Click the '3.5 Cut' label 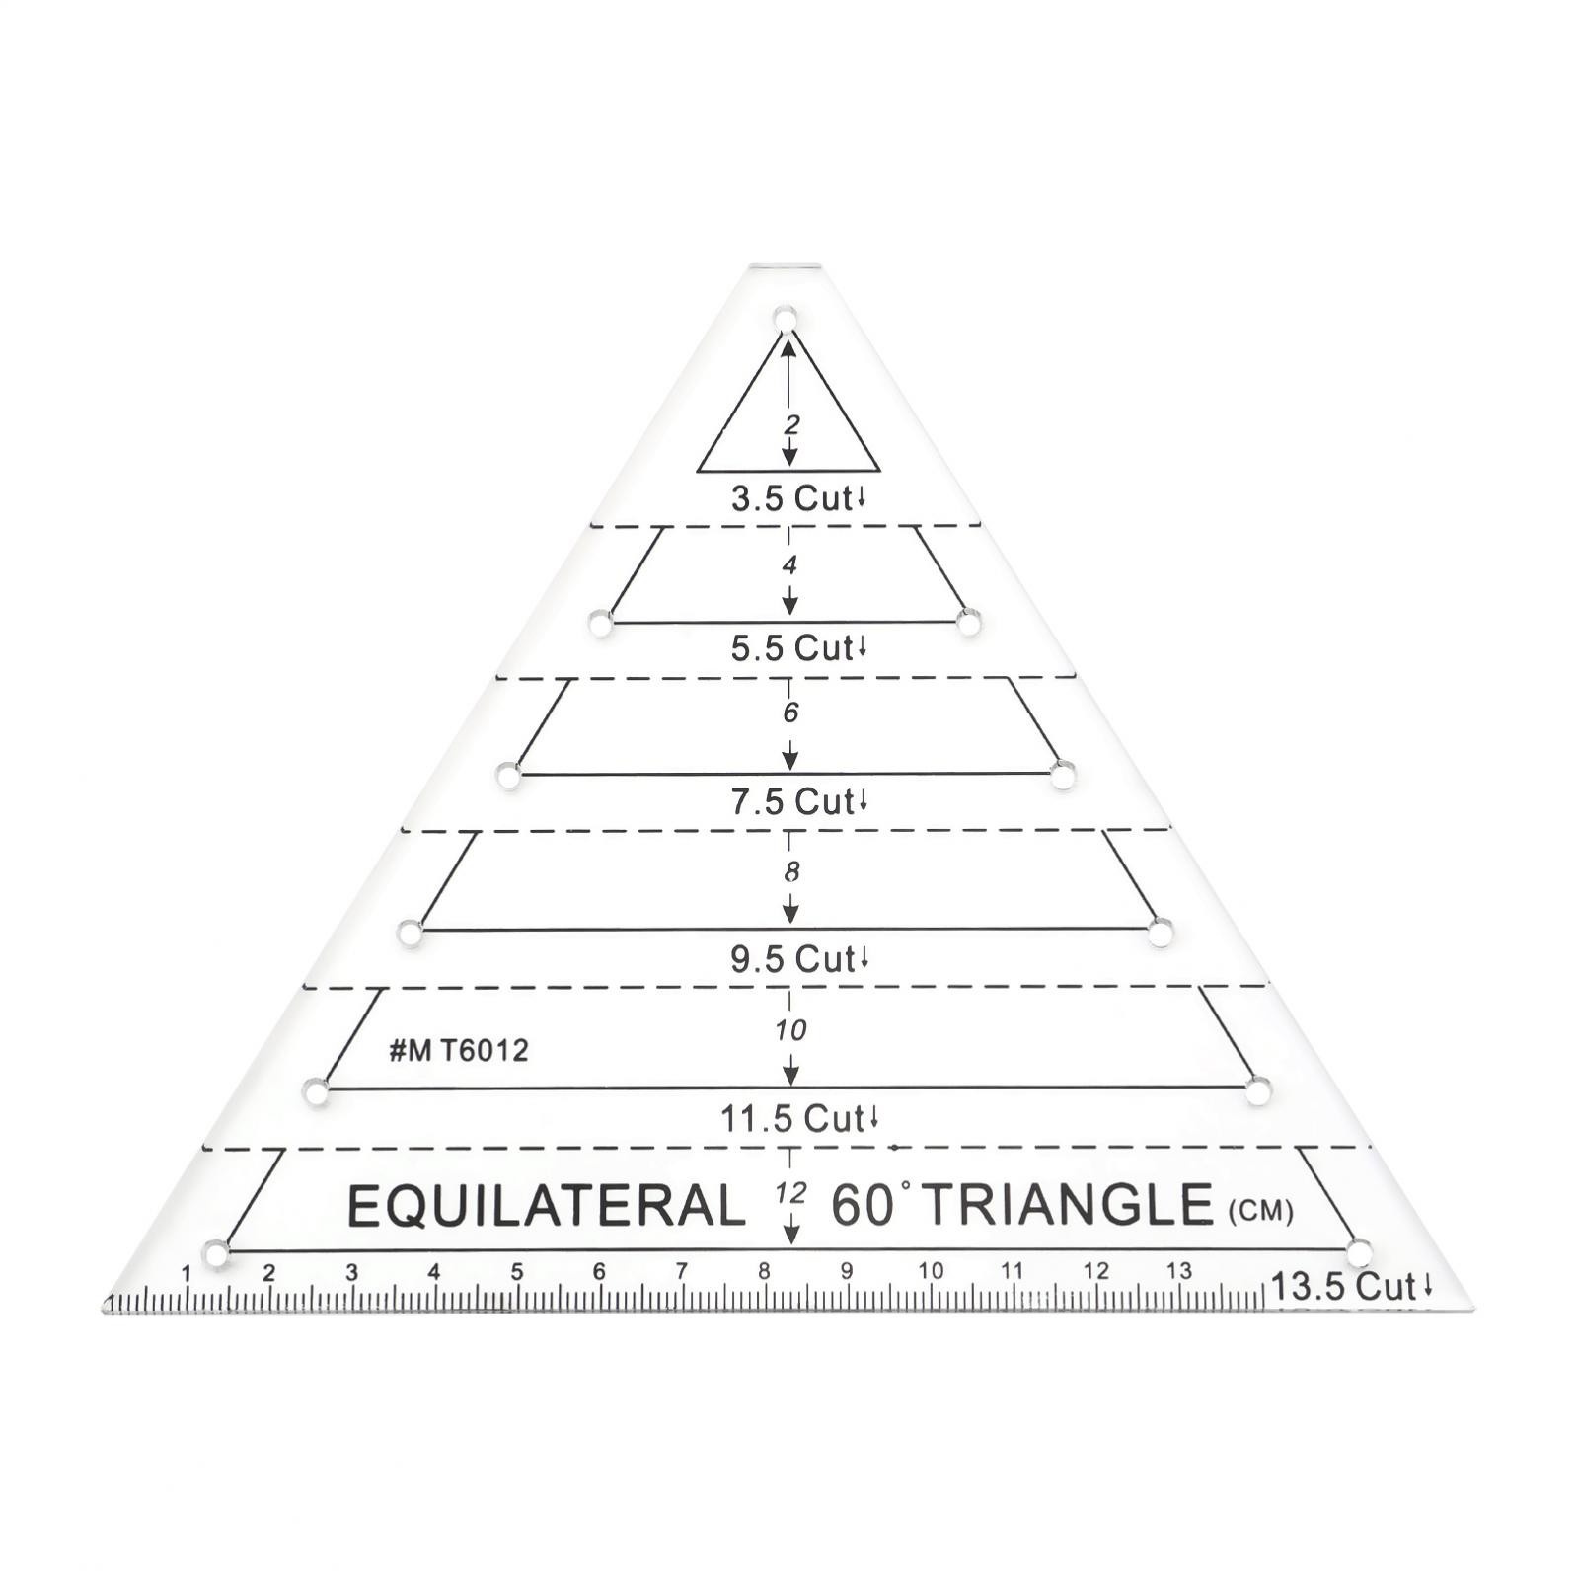pos(798,498)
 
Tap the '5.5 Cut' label pos(798,648)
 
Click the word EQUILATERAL pos(547,1205)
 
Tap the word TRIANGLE pos(1069,1204)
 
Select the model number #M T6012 pos(459,1050)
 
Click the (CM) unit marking pos(1260,1210)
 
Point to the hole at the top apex pos(786,319)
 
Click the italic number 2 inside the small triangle pos(791,425)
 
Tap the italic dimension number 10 pos(790,1030)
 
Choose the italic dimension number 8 pos(791,872)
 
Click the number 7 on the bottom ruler pos(681,1271)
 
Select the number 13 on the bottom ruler pos(1178,1270)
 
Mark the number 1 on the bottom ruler pos(187,1273)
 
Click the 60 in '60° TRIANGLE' pos(863,1205)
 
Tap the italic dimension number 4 pos(789,565)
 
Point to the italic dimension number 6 pos(790,713)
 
